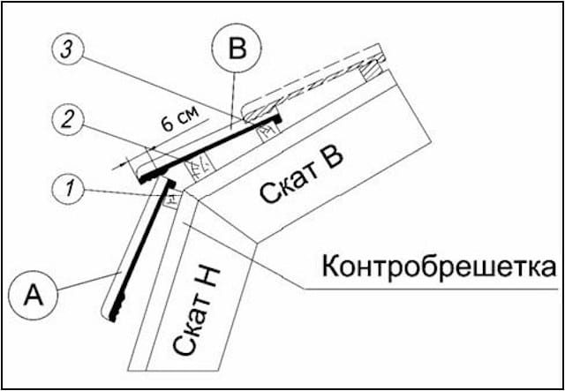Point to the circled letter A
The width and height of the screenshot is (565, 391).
click(x=31, y=292)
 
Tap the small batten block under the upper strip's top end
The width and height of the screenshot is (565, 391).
click(x=264, y=127)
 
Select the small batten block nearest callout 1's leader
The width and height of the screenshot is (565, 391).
click(x=171, y=199)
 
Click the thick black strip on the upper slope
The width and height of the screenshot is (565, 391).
click(x=212, y=145)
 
